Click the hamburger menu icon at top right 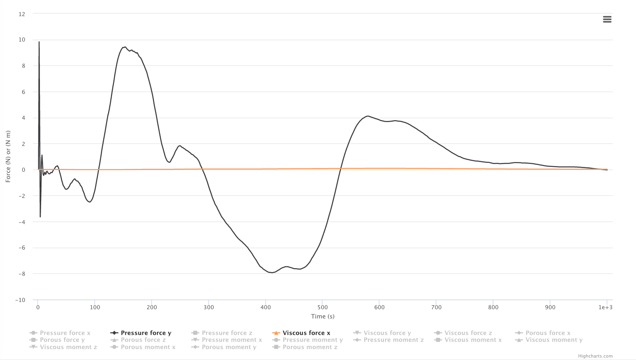[x=607, y=19]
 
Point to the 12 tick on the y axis [x=22, y=14]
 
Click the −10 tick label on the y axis [x=20, y=300]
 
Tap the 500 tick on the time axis [x=322, y=307]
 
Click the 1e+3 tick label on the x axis [x=605, y=307]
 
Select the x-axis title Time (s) [x=323, y=316]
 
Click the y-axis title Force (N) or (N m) [x=8, y=156]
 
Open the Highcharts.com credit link [x=595, y=356]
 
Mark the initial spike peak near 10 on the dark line [x=39, y=42]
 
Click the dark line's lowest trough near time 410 [x=272, y=273]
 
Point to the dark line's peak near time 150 [x=125, y=47]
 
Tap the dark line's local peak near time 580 [x=368, y=116]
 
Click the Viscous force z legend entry [x=468, y=333]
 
